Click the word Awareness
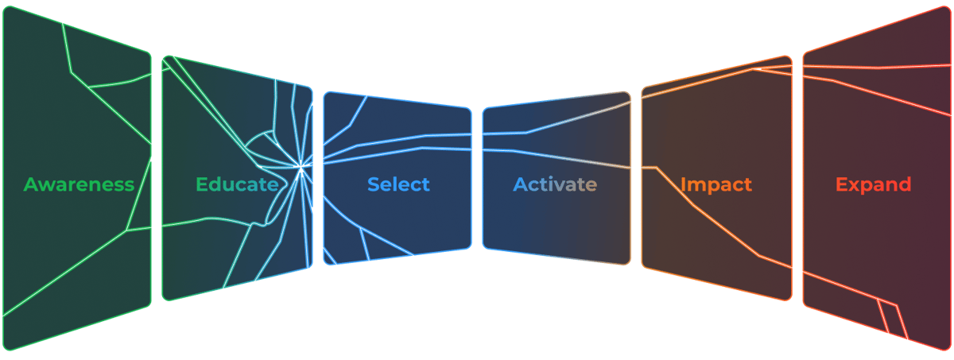click(x=79, y=185)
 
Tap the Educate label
click(x=237, y=185)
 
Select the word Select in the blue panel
click(x=398, y=184)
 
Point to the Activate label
click(x=555, y=185)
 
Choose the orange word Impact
click(x=715, y=185)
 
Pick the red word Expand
click(x=873, y=185)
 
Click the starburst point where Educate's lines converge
click(x=301, y=166)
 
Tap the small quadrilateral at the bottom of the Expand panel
click(x=892, y=316)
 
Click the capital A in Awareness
click(x=32, y=185)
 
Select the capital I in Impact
click(x=683, y=185)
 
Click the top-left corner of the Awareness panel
click(x=6, y=10)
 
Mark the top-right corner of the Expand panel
click(x=948, y=10)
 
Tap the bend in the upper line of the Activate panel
click(x=525, y=132)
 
